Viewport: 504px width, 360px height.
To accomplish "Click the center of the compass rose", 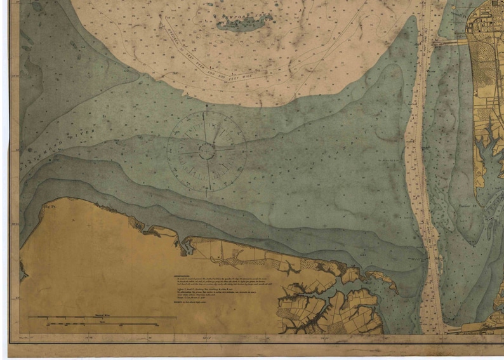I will tap(207, 151).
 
